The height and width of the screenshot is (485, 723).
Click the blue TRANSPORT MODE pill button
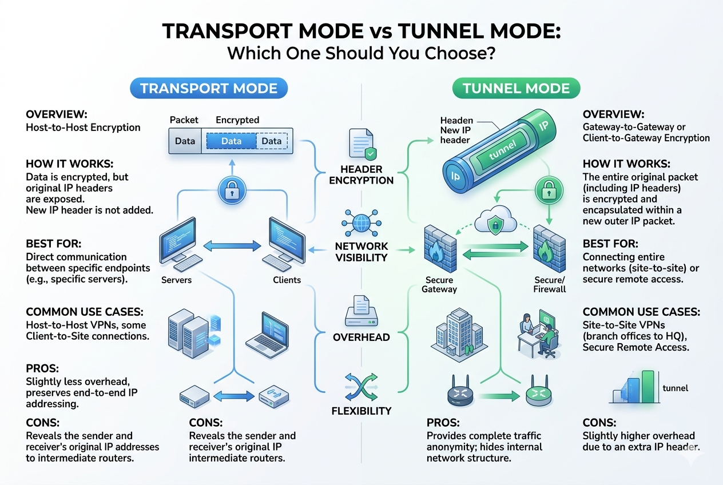tap(209, 88)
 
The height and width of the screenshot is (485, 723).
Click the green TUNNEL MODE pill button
tap(516, 88)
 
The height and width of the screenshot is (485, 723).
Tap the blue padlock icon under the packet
tap(232, 190)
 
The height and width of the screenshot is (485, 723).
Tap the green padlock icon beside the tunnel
tap(549, 190)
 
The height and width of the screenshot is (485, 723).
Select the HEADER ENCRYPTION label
tap(361, 174)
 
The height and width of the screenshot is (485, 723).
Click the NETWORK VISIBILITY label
tap(361, 252)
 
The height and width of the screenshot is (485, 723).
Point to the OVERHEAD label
tap(361, 337)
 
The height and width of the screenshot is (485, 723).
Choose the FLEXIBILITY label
tap(361, 411)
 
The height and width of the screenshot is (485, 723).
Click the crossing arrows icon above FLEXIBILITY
tap(361, 387)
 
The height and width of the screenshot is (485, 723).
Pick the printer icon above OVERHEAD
tap(361, 311)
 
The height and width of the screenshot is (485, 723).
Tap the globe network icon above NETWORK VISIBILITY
tap(362, 223)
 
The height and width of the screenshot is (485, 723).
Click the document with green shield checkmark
tap(363, 144)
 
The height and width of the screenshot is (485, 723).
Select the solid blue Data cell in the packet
tap(231, 141)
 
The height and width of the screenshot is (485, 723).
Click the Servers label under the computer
tap(176, 280)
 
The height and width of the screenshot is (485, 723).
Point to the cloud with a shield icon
tap(495, 220)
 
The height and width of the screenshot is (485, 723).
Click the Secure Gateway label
tap(439, 284)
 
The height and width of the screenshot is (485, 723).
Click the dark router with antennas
tap(460, 391)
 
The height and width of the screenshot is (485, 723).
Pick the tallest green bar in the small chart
tap(648, 387)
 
